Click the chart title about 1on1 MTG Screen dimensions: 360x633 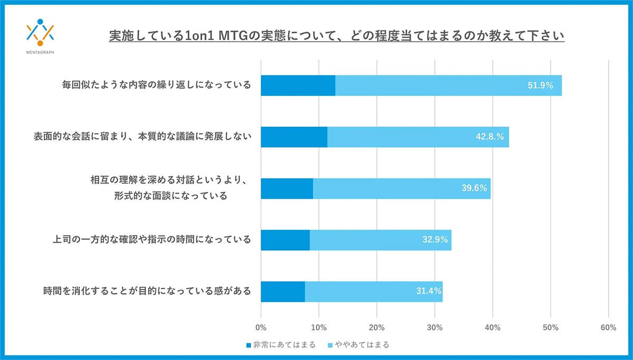pyautogui.click(x=337, y=36)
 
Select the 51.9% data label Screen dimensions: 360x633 pyautogui.click(x=540, y=85)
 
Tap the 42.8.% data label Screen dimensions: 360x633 pyautogui.click(x=488, y=137)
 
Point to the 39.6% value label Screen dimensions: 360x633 pyautogui.click(x=474, y=188)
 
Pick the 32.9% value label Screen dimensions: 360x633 pyautogui.click(x=435, y=240)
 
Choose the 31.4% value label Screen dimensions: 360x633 pyautogui.click(x=428, y=291)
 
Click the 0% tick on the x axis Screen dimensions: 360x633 pyautogui.click(x=261, y=327)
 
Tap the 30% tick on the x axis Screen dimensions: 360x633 pyautogui.click(x=434, y=327)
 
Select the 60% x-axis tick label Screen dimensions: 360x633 pyautogui.click(x=608, y=327)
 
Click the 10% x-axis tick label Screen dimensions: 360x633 pyautogui.click(x=319, y=327)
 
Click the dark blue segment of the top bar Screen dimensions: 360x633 pyautogui.click(x=298, y=85)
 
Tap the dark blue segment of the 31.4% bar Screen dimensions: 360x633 pyautogui.click(x=282, y=291)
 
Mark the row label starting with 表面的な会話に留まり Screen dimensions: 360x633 pyautogui.click(x=142, y=137)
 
